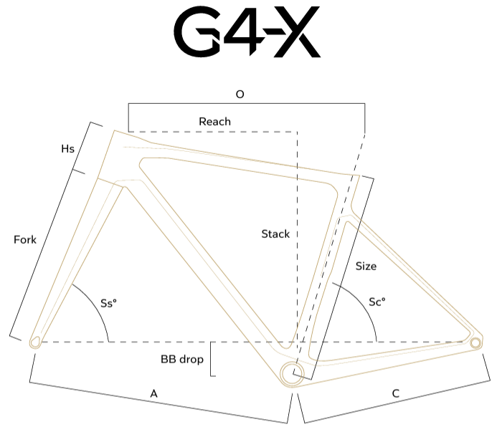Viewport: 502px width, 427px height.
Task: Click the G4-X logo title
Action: click(247, 32)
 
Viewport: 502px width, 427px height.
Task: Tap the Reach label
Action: click(214, 122)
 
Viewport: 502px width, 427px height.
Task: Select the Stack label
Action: click(275, 234)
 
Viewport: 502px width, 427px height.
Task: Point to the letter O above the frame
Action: click(240, 95)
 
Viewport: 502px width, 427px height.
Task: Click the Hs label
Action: click(67, 149)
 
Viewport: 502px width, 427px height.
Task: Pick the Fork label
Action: click(25, 239)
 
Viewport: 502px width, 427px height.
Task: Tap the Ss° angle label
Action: click(108, 303)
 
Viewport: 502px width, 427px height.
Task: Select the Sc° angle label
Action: click(377, 302)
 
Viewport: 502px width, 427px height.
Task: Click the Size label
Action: click(366, 266)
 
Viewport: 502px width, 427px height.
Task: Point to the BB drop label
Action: click(182, 360)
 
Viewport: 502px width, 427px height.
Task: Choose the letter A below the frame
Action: click(154, 394)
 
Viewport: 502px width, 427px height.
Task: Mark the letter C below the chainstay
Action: click(396, 393)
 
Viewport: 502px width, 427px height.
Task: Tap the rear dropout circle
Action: click(475, 343)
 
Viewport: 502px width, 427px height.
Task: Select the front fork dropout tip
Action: click(35, 342)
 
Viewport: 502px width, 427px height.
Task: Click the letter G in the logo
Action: click(196, 32)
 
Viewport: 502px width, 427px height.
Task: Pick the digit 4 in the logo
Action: click(244, 32)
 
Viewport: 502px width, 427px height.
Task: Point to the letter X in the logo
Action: click(296, 32)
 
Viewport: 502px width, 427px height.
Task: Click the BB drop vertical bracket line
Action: click(211, 359)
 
